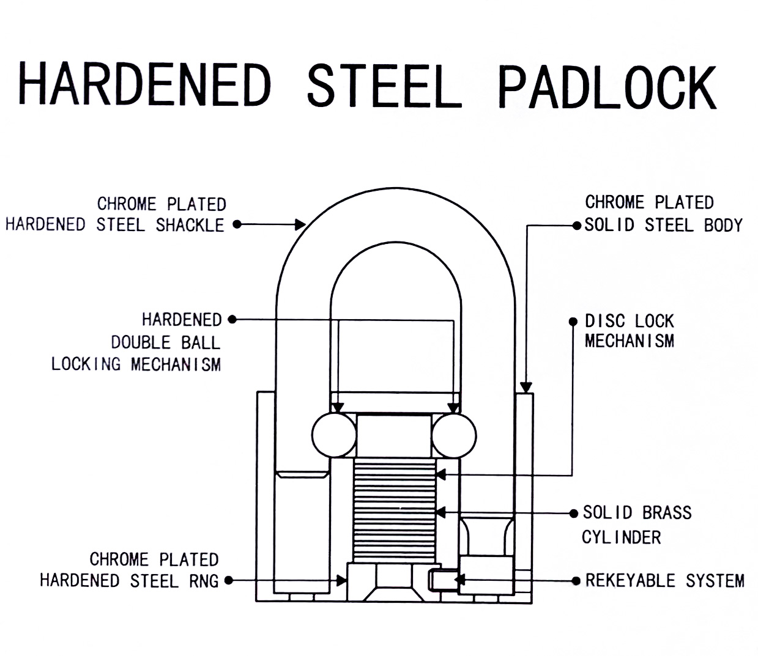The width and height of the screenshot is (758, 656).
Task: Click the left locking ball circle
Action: tap(334, 435)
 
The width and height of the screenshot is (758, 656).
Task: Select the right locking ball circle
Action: tap(454, 435)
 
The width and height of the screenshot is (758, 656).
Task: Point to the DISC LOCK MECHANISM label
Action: tap(629, 331)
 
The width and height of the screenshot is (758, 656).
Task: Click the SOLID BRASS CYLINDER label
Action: tap(636, 525)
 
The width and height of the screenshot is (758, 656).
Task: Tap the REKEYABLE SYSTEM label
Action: tap(664, 580)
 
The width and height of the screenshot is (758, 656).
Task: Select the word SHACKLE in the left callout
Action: tap(190, 225)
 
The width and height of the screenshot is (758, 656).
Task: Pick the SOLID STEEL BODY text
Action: tap(663, 225)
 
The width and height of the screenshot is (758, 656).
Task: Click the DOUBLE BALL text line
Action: tap(165, 342)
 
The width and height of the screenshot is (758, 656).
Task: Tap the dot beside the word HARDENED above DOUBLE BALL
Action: tap(232, 319)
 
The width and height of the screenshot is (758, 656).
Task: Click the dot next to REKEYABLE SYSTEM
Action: tap(575, 580)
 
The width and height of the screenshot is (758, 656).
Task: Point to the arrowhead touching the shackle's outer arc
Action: tap(300, 224)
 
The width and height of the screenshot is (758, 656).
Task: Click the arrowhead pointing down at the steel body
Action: tap(526, 387)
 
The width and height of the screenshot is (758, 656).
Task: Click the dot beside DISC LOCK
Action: tap(573, 322)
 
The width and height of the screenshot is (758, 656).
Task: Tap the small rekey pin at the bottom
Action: tap(442, 580)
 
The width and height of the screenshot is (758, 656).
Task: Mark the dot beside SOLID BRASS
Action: tap(573, 513)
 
